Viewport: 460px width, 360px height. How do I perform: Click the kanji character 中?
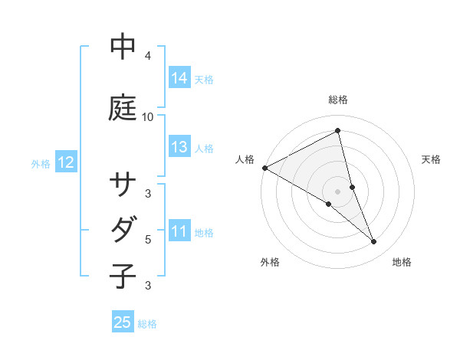(x=123, y=47)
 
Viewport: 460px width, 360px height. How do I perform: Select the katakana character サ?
(x=123, y=186)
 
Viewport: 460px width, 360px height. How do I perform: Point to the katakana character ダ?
(x=123, y=229)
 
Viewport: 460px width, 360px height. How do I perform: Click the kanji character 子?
(x=123, y=275)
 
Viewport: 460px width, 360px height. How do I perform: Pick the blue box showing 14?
(x=179, y=78)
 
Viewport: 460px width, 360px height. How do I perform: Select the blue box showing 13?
(x=179, y=147)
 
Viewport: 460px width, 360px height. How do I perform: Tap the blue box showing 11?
(x=179, y=231)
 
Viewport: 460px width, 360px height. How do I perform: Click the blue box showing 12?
(x=66, y=162)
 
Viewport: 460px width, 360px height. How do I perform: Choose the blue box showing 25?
(x=123, y=322)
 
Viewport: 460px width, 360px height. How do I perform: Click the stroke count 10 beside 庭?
(x=148, y=117)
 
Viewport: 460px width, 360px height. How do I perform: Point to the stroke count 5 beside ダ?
(x=148, y=240)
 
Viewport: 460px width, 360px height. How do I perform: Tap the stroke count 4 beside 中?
(x=148, y=56)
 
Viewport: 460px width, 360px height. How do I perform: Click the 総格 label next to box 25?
(x=147, y=324)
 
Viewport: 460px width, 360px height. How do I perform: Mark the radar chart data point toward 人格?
(x=264, y=168)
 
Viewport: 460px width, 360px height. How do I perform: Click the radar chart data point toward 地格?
(x=374, y=242)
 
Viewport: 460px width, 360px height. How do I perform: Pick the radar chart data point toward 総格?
(x=337, y=130)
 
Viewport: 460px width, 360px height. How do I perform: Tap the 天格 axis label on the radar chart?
(x=432, y=159)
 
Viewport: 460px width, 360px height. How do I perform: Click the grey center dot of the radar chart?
(x=337, y=191)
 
